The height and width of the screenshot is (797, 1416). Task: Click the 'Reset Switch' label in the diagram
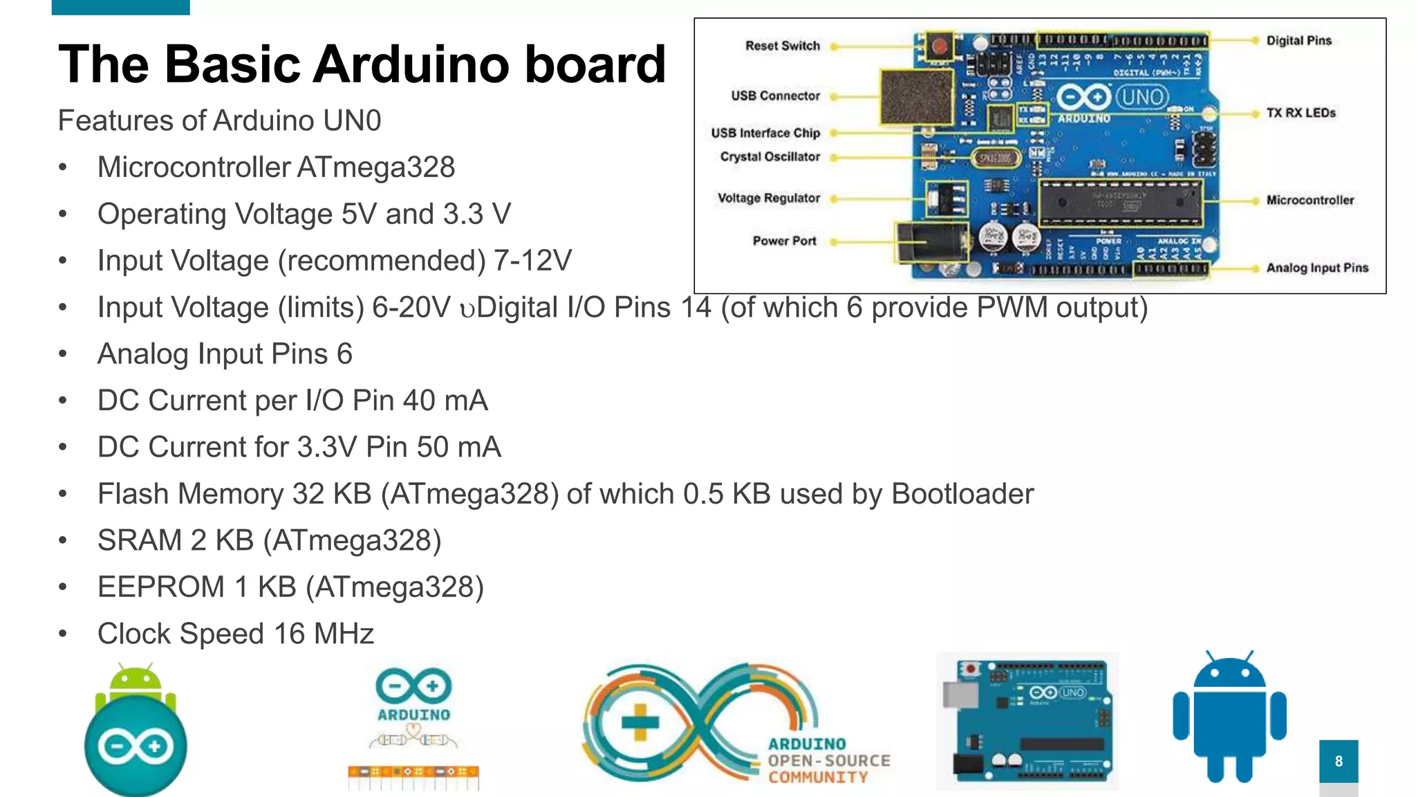pos(782,46)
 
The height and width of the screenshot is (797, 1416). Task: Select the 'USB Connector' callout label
pos(775,95)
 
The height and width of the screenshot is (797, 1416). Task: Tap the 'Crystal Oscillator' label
pos(770,156)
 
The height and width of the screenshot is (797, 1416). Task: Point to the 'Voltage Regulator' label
pos(768,198)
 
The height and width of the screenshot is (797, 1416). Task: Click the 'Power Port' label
pos(784,241)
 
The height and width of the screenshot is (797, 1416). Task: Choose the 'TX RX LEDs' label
pos(1301,113)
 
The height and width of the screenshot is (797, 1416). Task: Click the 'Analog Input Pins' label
pos(1317,268)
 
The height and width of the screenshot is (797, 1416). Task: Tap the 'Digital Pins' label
pos(1298,41)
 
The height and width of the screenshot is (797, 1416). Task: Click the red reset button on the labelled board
pos(938,47)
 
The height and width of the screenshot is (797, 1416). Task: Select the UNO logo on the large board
pos(1142,97)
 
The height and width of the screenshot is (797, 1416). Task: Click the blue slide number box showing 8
pos(1339,761)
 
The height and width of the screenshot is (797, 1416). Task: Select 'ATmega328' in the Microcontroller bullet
pos(376,167)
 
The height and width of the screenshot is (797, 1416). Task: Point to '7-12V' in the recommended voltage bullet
pos(532,261)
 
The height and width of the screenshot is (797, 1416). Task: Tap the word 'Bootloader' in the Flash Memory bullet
pos(962,494)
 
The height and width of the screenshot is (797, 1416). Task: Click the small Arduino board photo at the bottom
pos(1027,721)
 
